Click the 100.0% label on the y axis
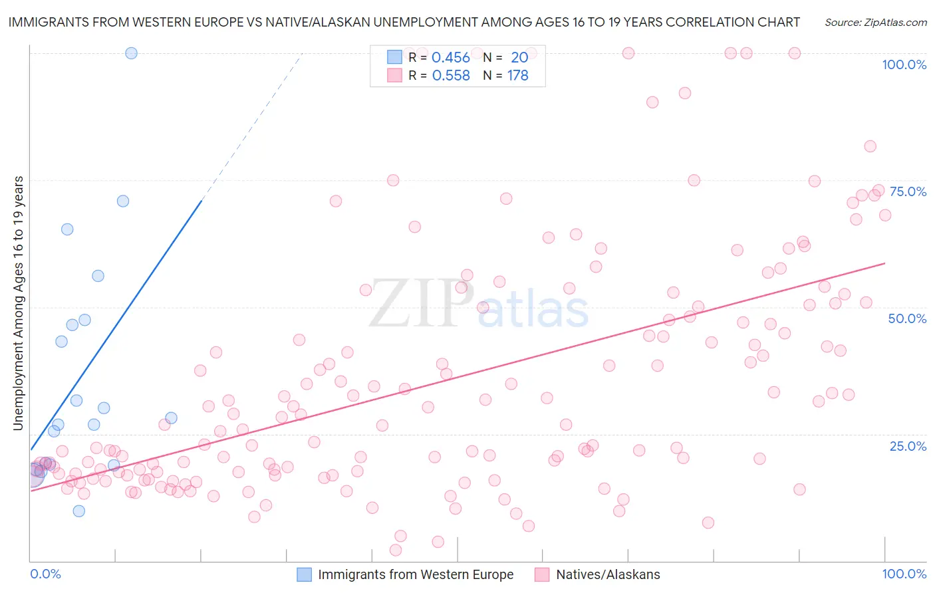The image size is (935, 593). tap(904, 64)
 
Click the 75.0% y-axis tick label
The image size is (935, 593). tap(908, 191)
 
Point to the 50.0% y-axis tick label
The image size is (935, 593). tap(907, 318)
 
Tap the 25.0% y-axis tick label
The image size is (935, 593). tap(908, 446)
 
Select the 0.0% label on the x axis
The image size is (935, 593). tap(45, 574)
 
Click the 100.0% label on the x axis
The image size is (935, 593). tap(904, 574)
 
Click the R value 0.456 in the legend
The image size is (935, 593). tap(450, 58)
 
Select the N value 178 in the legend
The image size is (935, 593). tap(517, 76)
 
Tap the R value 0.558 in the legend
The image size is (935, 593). tap(451, 76)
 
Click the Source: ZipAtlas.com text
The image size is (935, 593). tap(875, 22)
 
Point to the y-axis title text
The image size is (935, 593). tap(19, 303)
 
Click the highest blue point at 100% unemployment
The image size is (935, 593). tap(131, 53)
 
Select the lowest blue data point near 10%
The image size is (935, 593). tap(78, 511)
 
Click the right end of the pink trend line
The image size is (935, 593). tap(884, 263)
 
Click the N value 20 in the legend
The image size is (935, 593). tap(519, 58)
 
